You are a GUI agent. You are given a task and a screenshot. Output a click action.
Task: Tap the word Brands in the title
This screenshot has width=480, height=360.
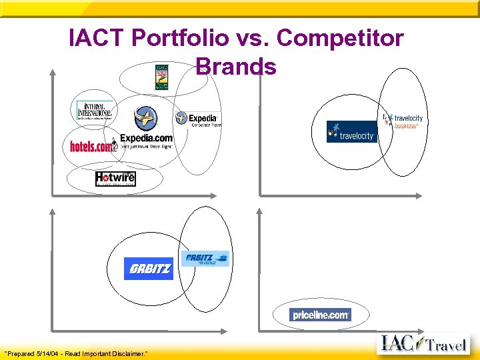pyautogui.click(x=236, y=67)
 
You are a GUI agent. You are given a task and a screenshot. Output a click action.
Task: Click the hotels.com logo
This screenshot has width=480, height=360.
pyautogui.click(x=93, y=146)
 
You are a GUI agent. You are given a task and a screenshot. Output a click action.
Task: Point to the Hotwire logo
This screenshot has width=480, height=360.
pyautogui.click(x=115, y=178)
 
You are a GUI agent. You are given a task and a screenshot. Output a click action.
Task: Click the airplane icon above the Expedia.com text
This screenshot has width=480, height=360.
pyautogui.click(x=145, y=119)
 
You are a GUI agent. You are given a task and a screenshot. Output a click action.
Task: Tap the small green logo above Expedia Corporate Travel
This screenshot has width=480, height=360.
pyautogui.click(x=162, y=77)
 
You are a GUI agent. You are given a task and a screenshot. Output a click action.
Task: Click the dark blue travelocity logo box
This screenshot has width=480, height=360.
pyautogui.click(x=351, y=132)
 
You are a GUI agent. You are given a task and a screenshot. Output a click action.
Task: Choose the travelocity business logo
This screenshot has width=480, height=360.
pyautogui.click(x=404, y=121)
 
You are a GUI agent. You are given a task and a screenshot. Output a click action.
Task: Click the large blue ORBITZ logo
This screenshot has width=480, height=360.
pyautogui.click(x=148, y=269)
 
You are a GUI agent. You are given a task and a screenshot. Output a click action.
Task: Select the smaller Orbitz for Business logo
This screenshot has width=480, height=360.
pyautogui.click(x=207, y=259)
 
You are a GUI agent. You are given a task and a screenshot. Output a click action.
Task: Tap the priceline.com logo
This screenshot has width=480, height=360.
pyautogui.click(x=320, y=315)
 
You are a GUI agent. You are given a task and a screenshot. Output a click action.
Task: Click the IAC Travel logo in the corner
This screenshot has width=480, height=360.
pyautogui.click(x=424, y=345)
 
